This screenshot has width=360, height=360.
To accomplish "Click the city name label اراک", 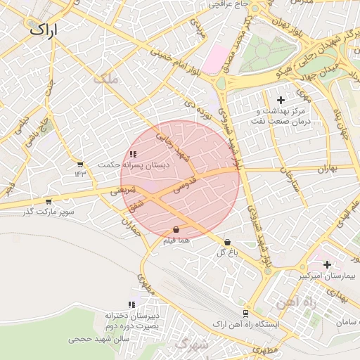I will [x=42, y=30].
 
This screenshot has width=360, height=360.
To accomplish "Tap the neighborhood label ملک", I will [x=107, y=81].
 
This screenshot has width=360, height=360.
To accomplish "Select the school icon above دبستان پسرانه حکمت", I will [x=134, y=154].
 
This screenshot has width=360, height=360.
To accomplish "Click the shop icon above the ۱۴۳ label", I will [x=80, y=165].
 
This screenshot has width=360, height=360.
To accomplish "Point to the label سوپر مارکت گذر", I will [x=47, y=211].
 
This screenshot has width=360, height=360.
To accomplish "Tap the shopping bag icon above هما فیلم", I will [x=176, y=230].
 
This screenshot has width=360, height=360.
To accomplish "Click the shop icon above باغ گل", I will [x=226, y=242].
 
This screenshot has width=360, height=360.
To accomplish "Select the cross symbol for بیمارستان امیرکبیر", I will [x=327, y=264].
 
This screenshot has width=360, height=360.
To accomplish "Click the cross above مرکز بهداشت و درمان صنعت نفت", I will [x=281, y=101].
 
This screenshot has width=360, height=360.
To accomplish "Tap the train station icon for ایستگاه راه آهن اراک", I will [x=245, y=314].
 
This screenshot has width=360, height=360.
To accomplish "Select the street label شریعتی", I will [x=120, y=190].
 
